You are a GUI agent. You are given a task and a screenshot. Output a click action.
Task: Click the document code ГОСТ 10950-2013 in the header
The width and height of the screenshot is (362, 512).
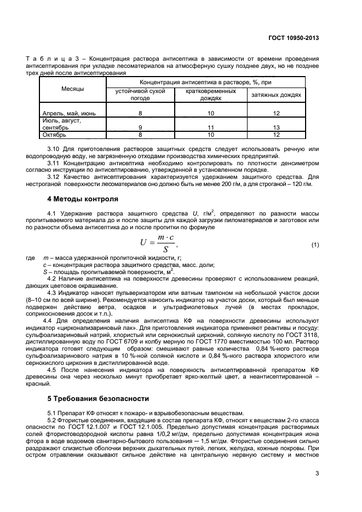(294, 38)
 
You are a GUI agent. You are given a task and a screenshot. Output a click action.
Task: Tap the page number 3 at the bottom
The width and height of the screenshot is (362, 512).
(317, 474)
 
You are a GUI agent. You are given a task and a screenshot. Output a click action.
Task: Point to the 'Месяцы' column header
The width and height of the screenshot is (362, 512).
(72, 89)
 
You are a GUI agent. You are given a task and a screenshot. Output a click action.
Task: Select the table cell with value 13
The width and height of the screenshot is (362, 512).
(277, 127)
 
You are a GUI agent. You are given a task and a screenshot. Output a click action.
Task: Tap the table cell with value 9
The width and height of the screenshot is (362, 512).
(140, 127)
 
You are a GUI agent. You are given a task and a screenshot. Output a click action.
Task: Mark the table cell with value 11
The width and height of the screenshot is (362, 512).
(208, 127)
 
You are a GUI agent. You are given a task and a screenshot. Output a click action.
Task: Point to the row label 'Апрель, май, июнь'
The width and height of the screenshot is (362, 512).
(69, 113)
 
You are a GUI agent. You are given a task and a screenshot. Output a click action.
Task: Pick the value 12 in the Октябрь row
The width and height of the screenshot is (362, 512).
(277, 134)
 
